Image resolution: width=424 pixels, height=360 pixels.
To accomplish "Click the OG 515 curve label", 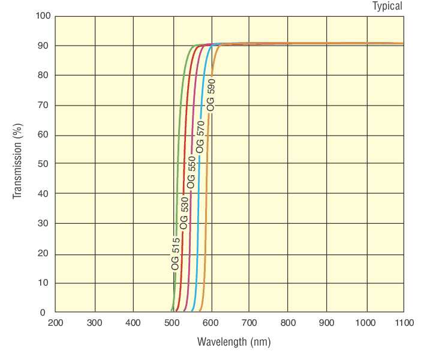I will [x=175, y=254].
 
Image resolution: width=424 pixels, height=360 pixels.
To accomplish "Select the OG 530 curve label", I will [x=184, y=213].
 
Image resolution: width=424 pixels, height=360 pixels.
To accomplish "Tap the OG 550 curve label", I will [x=191, y=173].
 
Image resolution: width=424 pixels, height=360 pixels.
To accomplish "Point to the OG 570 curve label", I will [x=201, y=136].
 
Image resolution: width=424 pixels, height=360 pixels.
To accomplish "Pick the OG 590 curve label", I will [x=211, y=95].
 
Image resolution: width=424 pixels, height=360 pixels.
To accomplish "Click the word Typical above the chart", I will [x=387, y=6].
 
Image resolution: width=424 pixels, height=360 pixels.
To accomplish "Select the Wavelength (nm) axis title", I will [x=234, y=342].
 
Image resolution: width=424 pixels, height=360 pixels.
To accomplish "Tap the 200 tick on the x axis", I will [x=55, y=323].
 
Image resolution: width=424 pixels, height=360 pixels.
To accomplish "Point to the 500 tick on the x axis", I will [x=172, y=323].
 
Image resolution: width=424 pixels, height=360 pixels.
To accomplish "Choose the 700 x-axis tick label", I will [x=249, y=323].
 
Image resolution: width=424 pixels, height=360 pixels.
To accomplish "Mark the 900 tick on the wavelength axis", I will [x=327, y=323].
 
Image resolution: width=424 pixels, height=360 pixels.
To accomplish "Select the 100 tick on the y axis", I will [x=43, y=16].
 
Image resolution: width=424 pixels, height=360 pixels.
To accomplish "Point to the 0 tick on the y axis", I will [x=43, y=312].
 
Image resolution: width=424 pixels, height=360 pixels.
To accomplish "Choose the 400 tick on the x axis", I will [x=133, y=323].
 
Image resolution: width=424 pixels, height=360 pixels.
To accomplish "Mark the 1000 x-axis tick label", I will [x=366, y=323].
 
